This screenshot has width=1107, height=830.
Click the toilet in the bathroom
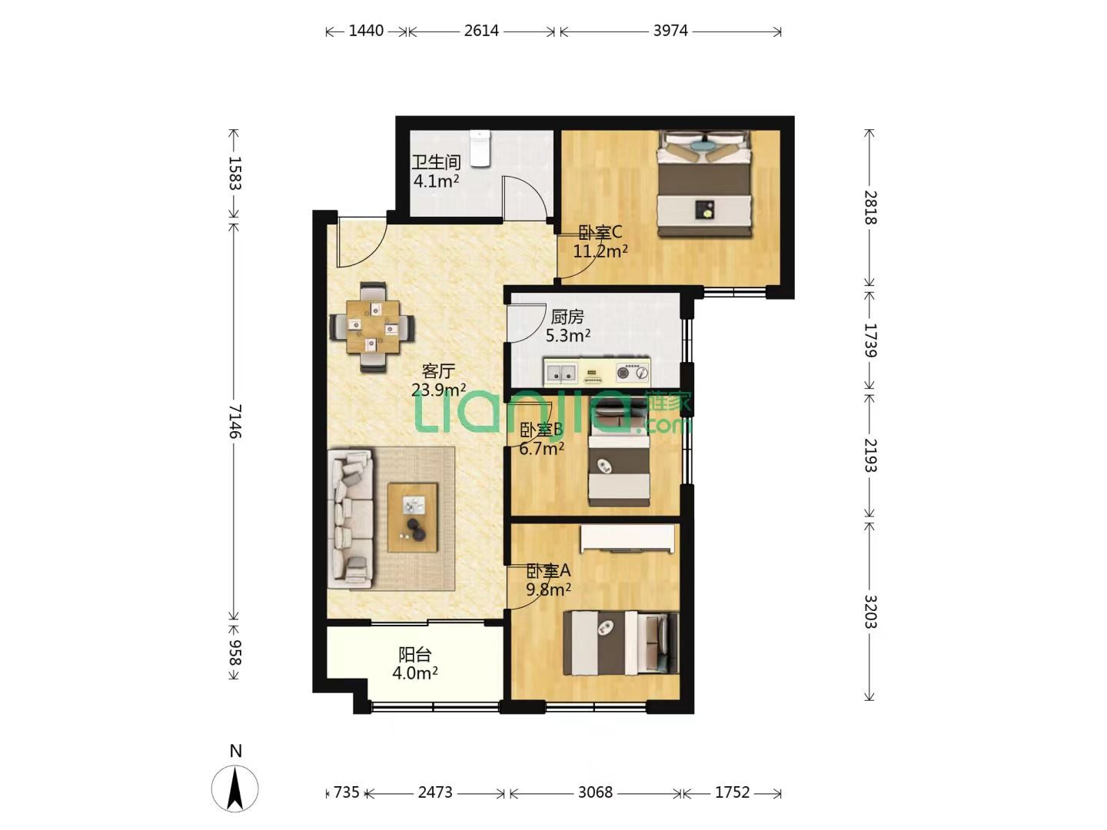click(x=480, y=148)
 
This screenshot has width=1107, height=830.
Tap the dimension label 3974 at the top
click(x=670, y=31)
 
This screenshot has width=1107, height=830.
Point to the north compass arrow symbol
click(x=235, y=789)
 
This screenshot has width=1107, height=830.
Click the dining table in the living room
click(x=373, y=327)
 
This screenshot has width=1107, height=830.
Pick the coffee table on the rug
click(x=413, y=517)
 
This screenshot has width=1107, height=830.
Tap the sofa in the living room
click(x=351, y=519)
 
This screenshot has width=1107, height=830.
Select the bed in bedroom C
click(x=705, y=184)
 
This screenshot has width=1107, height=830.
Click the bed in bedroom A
click(x=621, y=643)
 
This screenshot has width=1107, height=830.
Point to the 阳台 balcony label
click(x=414, y=655)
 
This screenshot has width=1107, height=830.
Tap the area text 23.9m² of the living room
click(x=438, y=390)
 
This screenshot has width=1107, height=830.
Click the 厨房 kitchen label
click(x=567, y=317)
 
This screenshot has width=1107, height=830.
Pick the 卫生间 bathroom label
click(x=436, y=162)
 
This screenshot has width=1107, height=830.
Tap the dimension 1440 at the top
click(x=366, y=31)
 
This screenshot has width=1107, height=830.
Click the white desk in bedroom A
click(x=627, y=538)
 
